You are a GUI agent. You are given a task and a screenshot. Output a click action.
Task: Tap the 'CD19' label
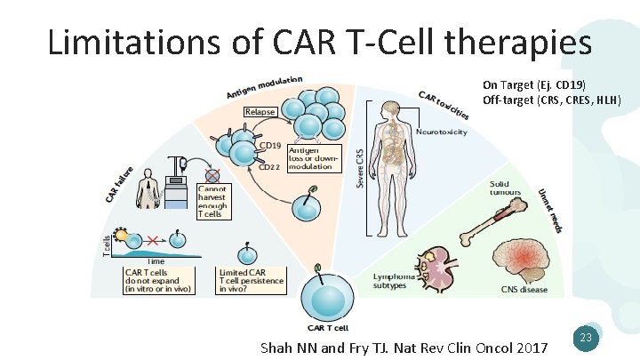(x=269, y=145)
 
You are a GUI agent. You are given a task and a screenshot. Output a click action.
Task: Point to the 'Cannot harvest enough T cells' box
(x=212, y=202)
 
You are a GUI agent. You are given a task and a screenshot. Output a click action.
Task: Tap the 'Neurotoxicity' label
(x=441, y=132)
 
